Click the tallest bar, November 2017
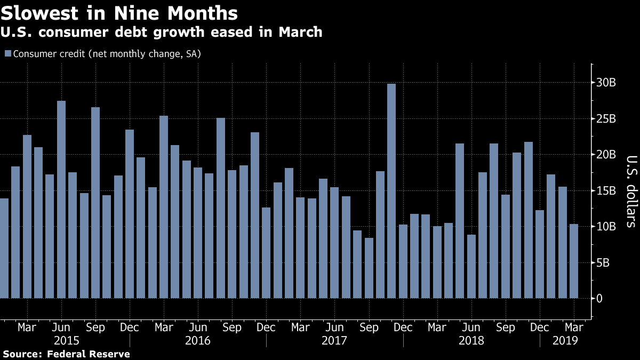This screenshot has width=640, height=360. (x=391, y=192)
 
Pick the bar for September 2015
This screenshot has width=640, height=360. (x=95, y=203)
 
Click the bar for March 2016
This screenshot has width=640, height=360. (x=164, y=208)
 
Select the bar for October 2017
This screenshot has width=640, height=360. (x=380, y=235)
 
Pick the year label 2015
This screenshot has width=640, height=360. (x=67, y=340)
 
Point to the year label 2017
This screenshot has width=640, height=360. (x=335, y=340)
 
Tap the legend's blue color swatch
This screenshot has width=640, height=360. (x=7, y=54)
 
